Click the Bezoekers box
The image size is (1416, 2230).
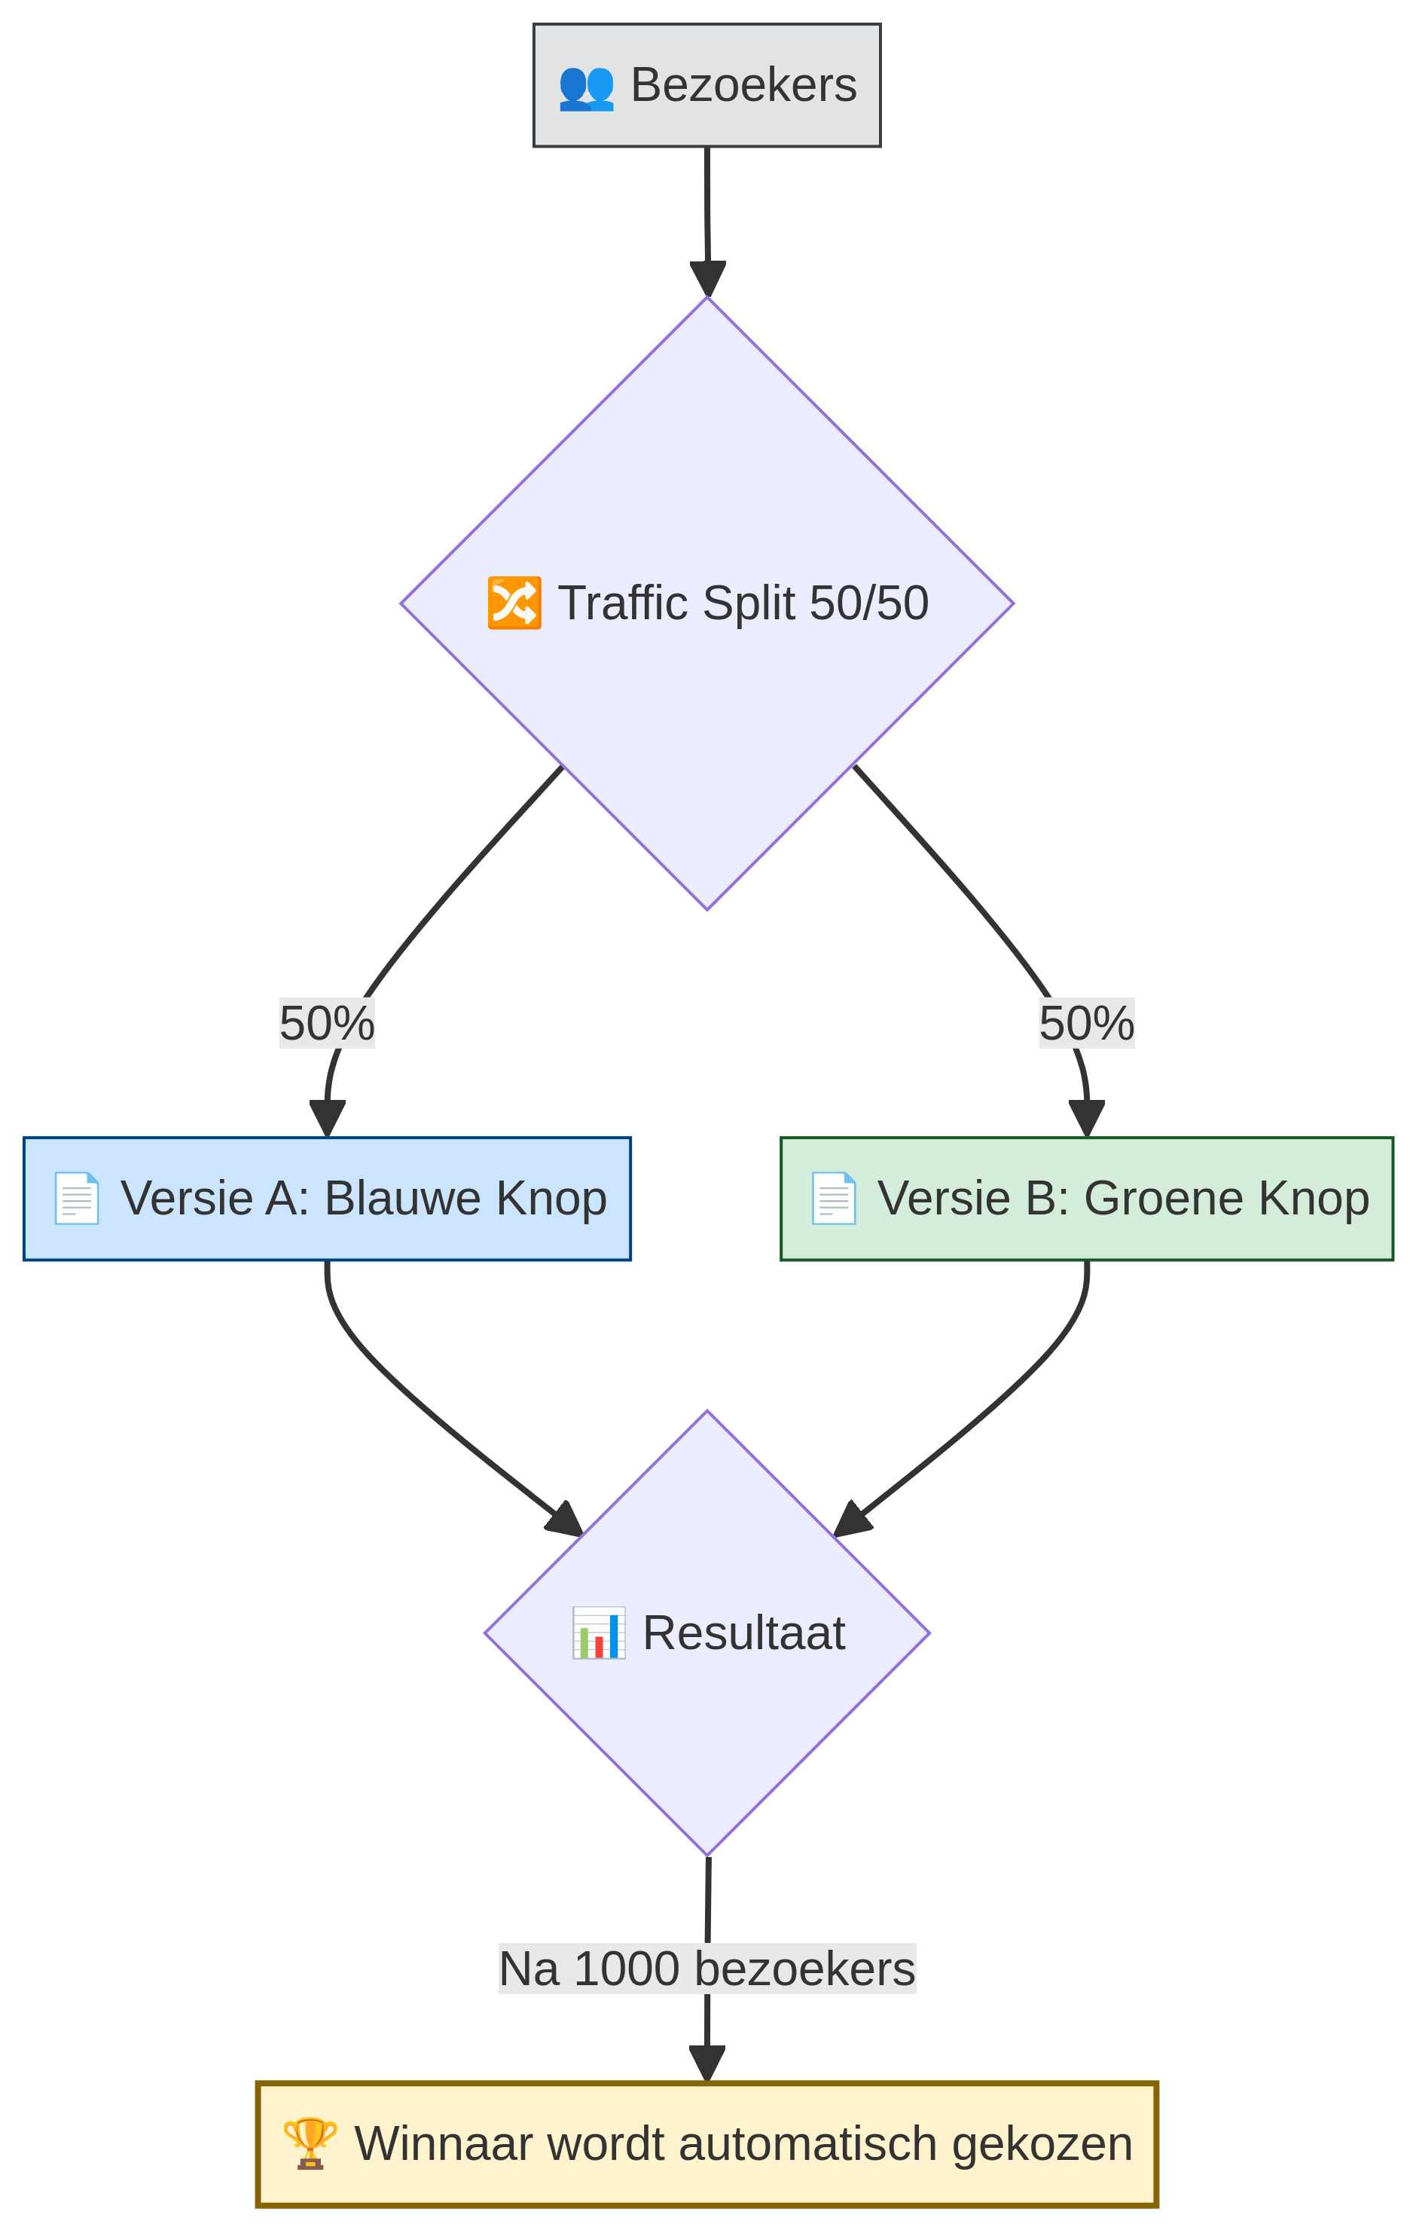pyautogui.click(x=706, y=85)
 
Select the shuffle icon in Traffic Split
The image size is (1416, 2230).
pyautogui.click(x=514, y=603)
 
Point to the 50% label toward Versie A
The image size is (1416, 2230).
pyautogui.click(x=327, y=1023)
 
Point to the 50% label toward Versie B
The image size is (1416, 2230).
pyautogui.click(x=1086, y=1023)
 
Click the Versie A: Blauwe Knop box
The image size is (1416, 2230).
pyautogui.click(x=327, y=1199)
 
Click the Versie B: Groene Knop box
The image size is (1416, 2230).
pyautogui.click(x=1086, y=1199)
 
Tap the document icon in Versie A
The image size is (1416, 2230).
pyautogui.click(x=77, y=1199)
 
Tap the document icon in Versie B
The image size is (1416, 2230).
pyautogui.click(x=834, y=1199)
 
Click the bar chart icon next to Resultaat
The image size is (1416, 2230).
pyautogui.click(x=598, y=1633)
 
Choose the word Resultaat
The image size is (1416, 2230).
pyautogui.click(x=743, y=1633)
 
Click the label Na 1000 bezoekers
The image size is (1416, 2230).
pyautogui.click(x=706, y=1968)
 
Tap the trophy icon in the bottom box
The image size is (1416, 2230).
pyautogui.click(x=310, y=2142)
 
